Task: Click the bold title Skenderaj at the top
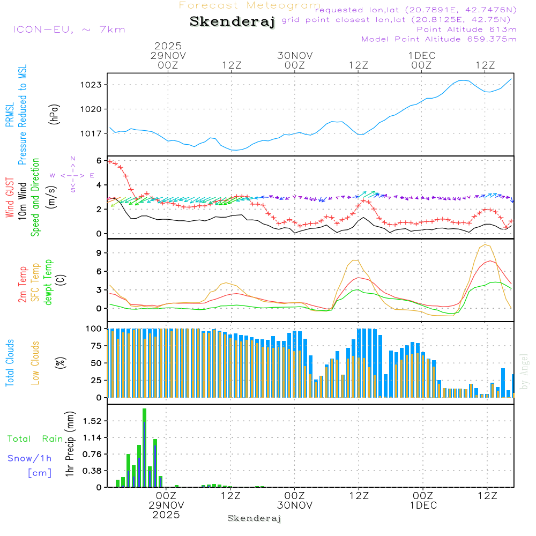(232, 22)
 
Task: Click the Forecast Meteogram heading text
(250, 5)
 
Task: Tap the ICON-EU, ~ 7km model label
(69, 29)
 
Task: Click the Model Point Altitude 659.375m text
(438, 39)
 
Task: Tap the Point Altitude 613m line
(466, 29)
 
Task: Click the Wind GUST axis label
(10, 198)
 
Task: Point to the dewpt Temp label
(48, 282)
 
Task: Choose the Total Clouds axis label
(10, 363)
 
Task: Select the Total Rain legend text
(35, 439)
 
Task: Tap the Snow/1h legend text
(29, 458)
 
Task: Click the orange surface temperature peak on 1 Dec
(486, 245)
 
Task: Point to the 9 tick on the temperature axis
(99, 252)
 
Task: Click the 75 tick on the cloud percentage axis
(95, 346)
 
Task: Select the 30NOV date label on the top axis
(295, 55)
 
